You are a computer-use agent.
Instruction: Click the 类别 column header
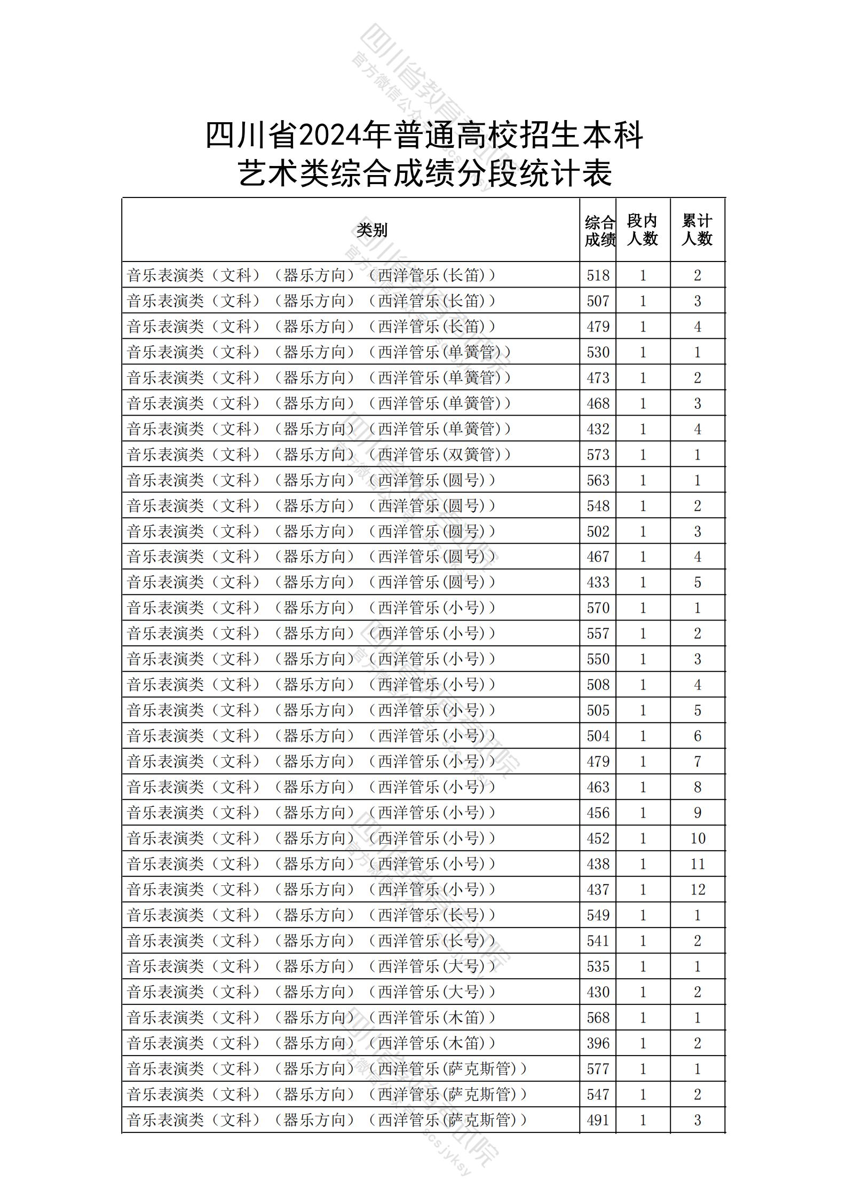point(372,231)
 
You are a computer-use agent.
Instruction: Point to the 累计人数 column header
point(697,230)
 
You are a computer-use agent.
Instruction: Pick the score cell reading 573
point(598,455)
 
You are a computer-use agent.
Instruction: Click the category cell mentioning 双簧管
point(319,455)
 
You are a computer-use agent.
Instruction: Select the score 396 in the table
point(598,1043)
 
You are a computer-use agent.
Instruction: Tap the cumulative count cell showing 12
point(698,890)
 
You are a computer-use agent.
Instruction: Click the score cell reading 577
point(598,1069)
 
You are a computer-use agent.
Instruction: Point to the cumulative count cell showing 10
point(698,838)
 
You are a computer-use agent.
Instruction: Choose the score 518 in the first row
point(598,275)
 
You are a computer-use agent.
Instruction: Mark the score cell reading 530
point(598,352)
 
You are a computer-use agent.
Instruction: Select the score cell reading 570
point(598,608)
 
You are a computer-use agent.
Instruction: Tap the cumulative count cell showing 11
point(698,864)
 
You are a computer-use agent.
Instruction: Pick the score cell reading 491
point(598,1120)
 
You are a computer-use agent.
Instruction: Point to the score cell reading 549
point(598,915)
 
